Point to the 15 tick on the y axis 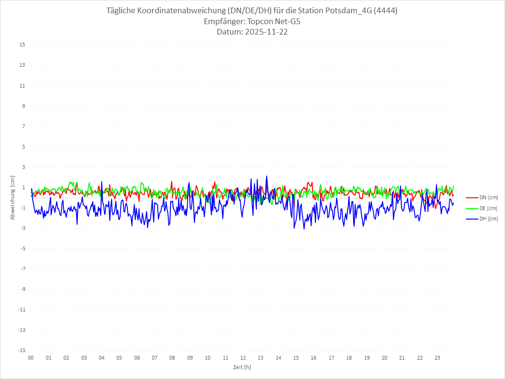tap(22, 45)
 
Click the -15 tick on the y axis tap(21, 350)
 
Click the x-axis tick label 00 tap(31, 358)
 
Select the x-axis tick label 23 tap(437, 358)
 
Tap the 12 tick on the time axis tap(243, 358)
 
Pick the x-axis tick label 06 tap(137, 358)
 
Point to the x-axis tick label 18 tap(349, 358)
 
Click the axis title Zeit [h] tap(242, 367)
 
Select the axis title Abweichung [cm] tap(13, 197)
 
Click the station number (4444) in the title tap(384, 11)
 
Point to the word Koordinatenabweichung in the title tap(179, 11)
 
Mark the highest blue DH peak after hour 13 tap(267, 176)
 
